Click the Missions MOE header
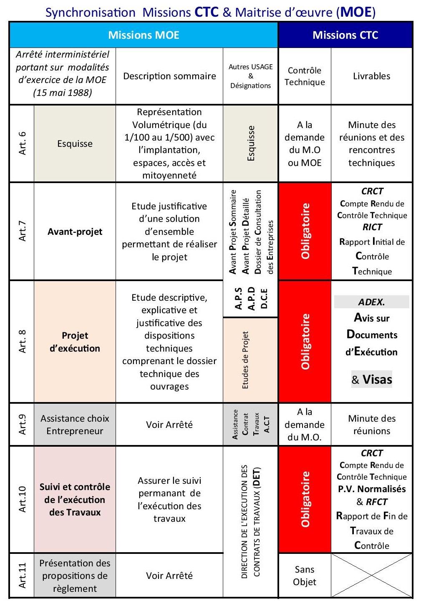(x=144, y=35)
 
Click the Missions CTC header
(x=345, y=35)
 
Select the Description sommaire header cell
(x=169, y=76)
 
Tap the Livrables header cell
(x=371, y=76)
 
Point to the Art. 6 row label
(x=22, y=143)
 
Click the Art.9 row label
(x=22, y=425)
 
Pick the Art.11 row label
(x=22, y=576)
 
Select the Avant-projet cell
(x=75, y=232)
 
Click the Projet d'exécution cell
(x=75, y=342)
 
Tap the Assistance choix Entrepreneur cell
(x=75, y=425)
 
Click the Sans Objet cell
(x=305, y=576)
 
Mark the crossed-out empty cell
(x=371, y=576)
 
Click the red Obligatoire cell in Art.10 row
(x=305, y=499)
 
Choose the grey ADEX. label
(x=371, y=302)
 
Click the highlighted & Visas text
(x=372, y=379)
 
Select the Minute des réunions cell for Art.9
(x=371, y=425)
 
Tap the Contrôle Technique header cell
(x=305, y=76)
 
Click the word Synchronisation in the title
(x=90, y=12)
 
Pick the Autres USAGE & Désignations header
(x=250, y=76)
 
